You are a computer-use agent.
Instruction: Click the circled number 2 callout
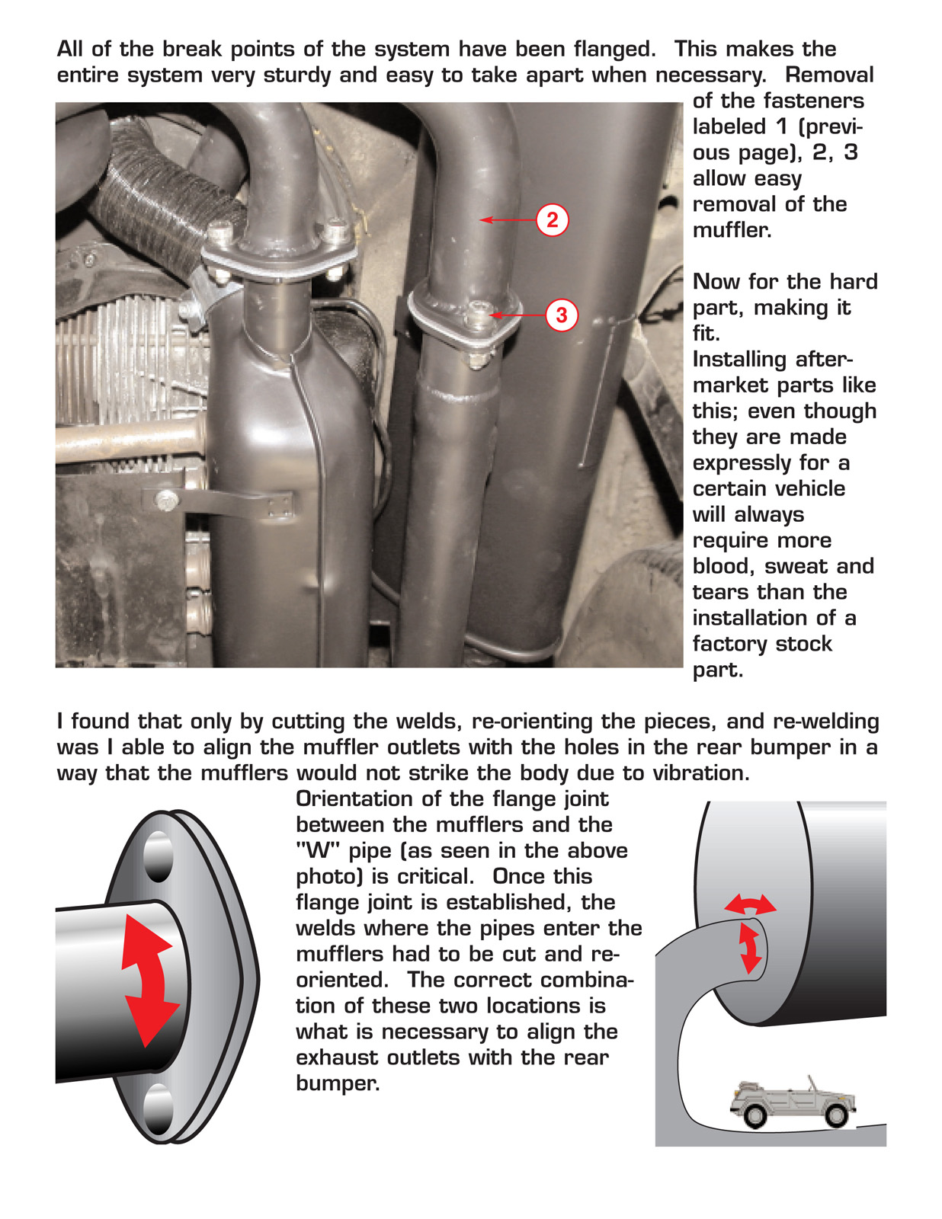[x=553, y=220]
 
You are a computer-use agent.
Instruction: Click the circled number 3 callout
[x=562, y=315]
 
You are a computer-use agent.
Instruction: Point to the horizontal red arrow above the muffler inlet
[x=750, y=905]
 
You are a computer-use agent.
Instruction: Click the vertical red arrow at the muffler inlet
[x=750, y=947]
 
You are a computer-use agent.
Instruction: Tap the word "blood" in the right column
[x=725, y=567]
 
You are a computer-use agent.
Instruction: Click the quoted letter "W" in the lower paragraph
[x=317, y=851]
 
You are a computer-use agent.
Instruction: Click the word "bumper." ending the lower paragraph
[x=338, y=1083]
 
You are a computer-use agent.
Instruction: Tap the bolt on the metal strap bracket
[x=165, y=501]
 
